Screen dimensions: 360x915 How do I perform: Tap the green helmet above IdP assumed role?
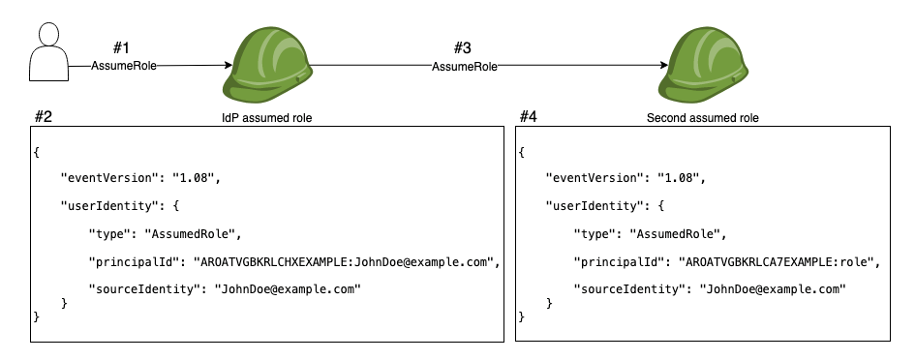tap(265, 64)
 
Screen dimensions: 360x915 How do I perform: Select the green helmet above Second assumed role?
tap(702, 64)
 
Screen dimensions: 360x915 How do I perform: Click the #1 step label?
tap(122, 47)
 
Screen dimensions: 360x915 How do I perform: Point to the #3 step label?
tap(463, 47)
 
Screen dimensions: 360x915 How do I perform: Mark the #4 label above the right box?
tap(528, 116)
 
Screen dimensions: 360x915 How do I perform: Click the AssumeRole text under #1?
tap(123, 66)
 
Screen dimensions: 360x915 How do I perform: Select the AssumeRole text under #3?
tap(464, 66)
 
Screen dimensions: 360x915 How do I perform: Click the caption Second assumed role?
tap(702, 117)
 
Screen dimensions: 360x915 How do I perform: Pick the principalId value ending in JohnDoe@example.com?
tap(345, 261)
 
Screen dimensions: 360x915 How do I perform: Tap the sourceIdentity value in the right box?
tap(773, 288)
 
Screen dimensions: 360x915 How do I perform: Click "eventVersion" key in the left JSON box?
tap(108, 179)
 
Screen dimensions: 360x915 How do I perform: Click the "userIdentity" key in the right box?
tap(592, 206)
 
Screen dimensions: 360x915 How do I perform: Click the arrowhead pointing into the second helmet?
tap(663, 66)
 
